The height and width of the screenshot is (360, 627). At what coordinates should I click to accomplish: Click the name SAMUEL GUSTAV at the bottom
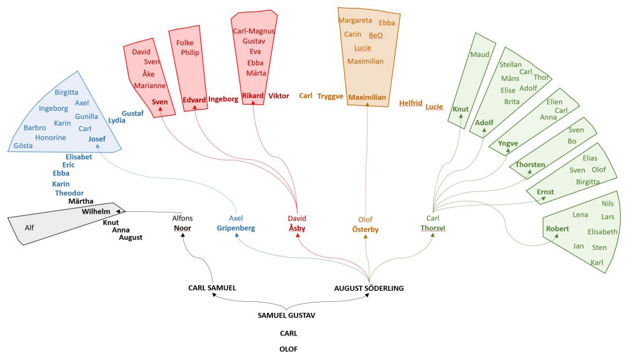(287, 315)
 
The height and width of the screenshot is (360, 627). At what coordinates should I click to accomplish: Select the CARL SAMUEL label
(212, 288)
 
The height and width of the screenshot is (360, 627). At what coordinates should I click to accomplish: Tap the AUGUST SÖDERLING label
(369, 288)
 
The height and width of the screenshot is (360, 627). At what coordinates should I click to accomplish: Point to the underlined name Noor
(182, 228)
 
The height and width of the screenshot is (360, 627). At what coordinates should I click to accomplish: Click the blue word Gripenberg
(236, 228)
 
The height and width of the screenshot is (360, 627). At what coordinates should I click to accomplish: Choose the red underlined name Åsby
(297, 228)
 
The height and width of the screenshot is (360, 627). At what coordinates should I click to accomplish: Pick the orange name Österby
(365, 229)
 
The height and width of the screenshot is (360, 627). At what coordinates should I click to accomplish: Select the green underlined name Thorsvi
(433, 228)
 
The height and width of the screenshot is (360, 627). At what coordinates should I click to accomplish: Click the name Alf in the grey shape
(29, 228)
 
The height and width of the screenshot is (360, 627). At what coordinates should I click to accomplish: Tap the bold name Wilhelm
(96, 211)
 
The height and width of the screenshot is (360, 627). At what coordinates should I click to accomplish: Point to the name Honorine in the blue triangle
(50, 138)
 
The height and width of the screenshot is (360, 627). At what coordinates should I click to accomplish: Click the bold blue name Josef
(97, 139)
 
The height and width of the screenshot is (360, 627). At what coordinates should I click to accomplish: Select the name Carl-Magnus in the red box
(254, 31)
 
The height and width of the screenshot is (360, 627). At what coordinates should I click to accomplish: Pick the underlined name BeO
(375, 35)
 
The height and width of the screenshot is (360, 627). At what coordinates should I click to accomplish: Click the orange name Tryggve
(330, 96)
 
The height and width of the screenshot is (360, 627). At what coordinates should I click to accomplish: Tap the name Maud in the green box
(479, 54)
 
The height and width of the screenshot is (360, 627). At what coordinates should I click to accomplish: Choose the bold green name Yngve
(508, 143)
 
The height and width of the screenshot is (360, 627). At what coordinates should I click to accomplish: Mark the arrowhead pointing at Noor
(182, 235)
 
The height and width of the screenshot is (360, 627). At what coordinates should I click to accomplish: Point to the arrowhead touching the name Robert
(556, 236)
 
